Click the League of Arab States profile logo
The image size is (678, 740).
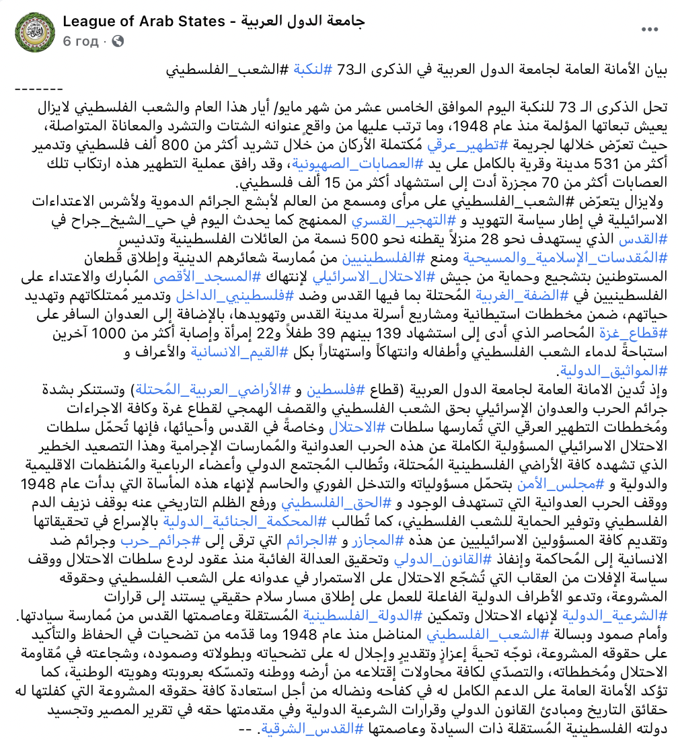tap(31, 31)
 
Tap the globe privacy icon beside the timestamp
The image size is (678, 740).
tap(118, 42)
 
